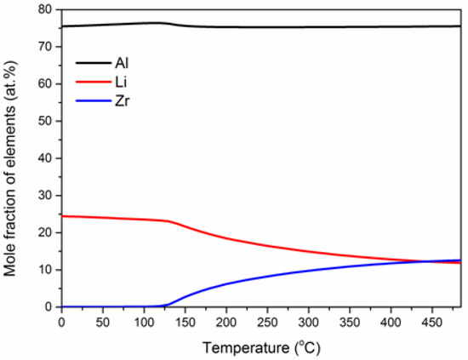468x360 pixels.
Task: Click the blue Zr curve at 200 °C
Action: pos(226,283)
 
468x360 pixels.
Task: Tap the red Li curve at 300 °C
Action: pos(308,251)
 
